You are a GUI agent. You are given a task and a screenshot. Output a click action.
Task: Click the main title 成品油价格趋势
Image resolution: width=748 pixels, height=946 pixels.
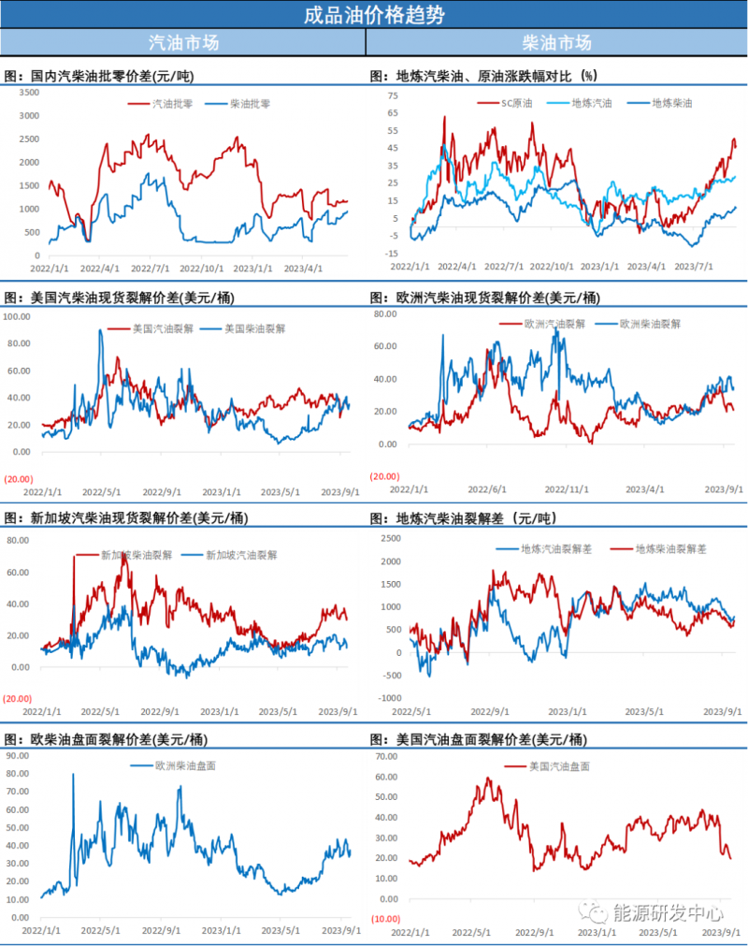(x=374, y=15)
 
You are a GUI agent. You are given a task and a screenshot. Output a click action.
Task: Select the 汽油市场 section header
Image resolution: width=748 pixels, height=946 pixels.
(x=183, y=43)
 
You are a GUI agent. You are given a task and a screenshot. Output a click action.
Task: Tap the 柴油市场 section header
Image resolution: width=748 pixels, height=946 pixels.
(x=556, y=43)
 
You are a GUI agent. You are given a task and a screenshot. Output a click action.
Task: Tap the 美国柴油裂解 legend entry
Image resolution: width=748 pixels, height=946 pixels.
(x=254, y=329)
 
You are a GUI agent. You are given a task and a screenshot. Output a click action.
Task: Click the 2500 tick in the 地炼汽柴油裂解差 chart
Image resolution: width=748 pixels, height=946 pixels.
(x=392, y=538)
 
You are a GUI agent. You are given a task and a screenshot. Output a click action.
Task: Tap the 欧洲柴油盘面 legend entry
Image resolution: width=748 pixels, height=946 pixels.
(x=184, y=764)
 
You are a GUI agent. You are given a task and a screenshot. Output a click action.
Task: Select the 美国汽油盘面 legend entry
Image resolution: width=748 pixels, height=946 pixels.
(x=559, y=766)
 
